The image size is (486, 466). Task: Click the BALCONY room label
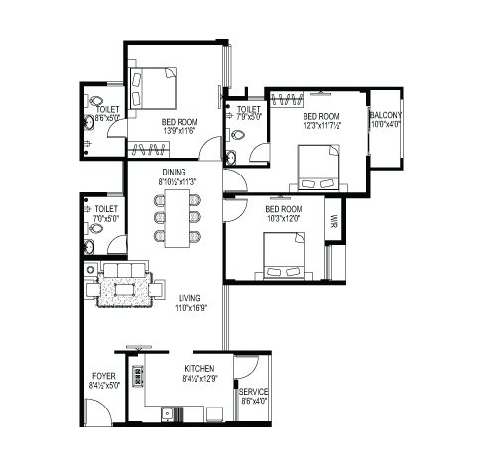coord(385,115)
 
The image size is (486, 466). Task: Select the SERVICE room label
coord(254,392)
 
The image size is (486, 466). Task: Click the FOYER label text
coord(102,376)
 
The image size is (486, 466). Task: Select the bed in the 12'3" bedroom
coord(317,169)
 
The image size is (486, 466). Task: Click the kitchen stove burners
coord(140,378)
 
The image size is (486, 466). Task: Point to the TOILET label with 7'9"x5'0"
coord(249,111)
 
